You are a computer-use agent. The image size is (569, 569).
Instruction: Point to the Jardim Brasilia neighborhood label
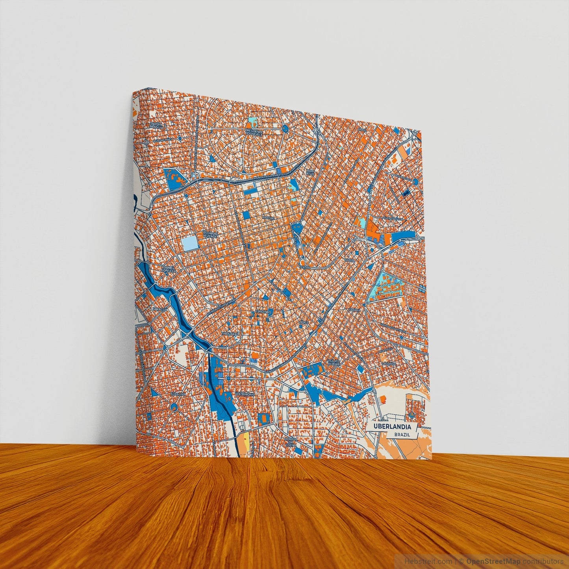[156, 125]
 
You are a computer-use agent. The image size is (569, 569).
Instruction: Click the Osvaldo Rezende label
[210, 234]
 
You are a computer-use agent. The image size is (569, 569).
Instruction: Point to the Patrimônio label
[245, 394]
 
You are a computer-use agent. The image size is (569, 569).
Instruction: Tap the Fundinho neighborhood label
[264, 311]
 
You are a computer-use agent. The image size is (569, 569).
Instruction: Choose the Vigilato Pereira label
[334, 362]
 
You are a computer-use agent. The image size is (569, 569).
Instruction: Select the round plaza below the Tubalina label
[174, 406]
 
